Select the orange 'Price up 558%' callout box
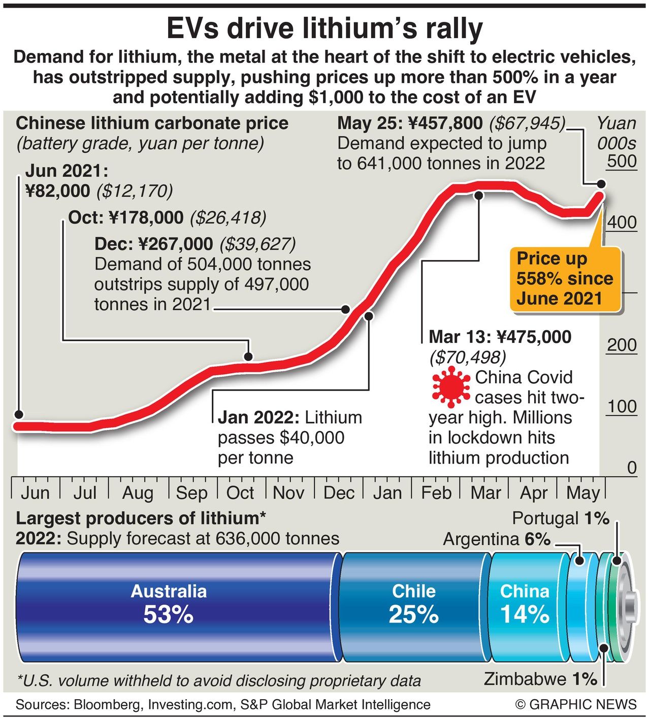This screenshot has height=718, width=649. pos(565,278)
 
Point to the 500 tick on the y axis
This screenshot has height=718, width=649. pos(622,161)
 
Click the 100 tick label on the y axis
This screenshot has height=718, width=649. pos(622,406)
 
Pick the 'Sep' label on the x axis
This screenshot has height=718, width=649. pos(191,493)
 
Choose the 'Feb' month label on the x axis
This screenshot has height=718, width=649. pos(436,493)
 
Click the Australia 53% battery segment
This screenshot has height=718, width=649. pos(169,604)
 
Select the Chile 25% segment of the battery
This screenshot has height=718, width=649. pos(414,604)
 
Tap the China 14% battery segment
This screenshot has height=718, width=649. pos(525,604)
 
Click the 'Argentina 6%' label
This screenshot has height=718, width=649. pos(496,539)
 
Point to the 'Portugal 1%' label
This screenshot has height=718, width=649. pos(560,518)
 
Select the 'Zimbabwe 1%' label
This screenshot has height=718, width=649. pos(540,679)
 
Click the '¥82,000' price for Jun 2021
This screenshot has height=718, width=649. pos(57,191)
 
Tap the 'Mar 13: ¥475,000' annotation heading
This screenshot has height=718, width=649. pos(500,337)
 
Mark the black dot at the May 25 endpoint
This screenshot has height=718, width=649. pos(601,184)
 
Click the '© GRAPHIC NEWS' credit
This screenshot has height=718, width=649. pos(575,705)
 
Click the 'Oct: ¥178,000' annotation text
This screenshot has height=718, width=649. pos(126,217)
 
